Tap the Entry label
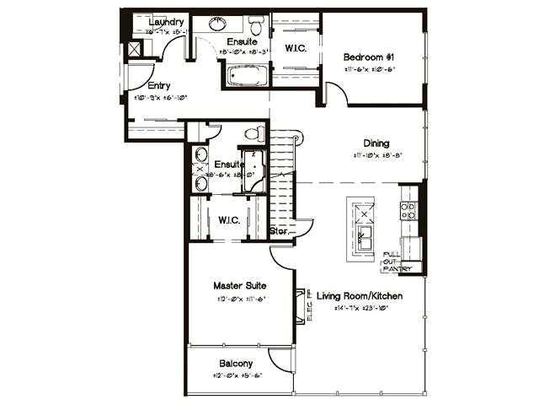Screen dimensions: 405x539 [158, 85]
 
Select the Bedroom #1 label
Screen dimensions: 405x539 [368, 57]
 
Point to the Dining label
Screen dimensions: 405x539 [376, 143]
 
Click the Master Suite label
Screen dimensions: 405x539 [240, 286]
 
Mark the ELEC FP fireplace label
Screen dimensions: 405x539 [310, 305]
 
